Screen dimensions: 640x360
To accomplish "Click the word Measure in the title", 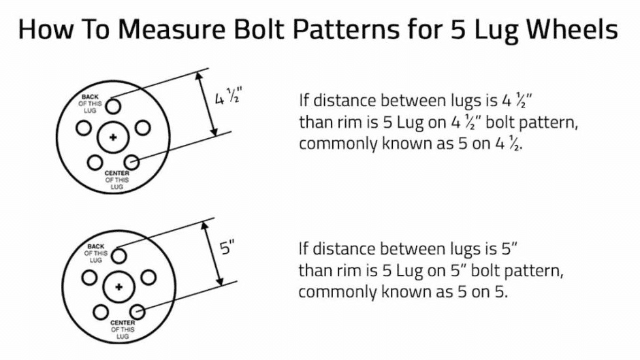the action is (x=172, y=29).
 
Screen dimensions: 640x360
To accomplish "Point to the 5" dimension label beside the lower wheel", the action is (x=227, y=248).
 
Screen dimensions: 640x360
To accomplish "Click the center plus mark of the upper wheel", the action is (x=113, y=137).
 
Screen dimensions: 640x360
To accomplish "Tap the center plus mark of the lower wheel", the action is (x=118, y=287).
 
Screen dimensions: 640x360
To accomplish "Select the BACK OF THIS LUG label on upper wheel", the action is (x=90, y=103).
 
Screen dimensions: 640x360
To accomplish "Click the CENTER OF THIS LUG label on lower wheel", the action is (x=123, y=329).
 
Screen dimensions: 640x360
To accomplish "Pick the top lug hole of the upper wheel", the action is (x=113, y=106).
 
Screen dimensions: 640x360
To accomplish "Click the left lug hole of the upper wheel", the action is (x=84, y=128).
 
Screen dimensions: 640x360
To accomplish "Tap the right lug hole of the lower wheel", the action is (x=148, y=278).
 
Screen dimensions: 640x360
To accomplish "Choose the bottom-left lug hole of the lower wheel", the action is (x=100, y=312).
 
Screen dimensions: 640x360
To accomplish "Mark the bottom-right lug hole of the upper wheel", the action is (x=131, y=163).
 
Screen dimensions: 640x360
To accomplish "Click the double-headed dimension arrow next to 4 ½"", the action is (x=206, y=103).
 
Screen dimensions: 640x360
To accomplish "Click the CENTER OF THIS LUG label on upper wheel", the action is (x=116, y=180).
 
